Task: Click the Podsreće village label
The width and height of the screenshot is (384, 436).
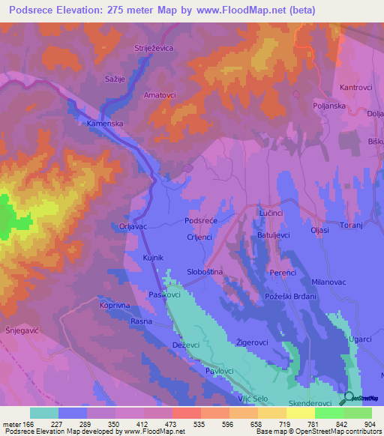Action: click(x=201, y=221)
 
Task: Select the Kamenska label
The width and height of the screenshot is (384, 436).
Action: click(x=104, y=123)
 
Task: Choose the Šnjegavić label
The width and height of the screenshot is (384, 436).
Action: click(x=22, y=330)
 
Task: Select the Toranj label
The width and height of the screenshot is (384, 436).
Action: click(x=352, y=225)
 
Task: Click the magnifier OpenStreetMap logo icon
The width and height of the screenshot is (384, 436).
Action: click(x=349, y=399)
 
